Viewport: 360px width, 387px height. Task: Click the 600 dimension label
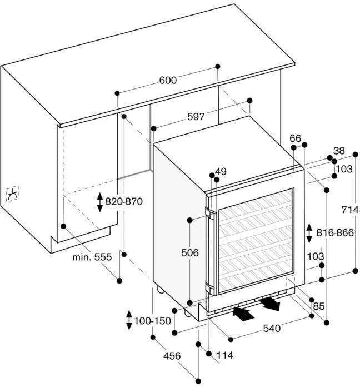tap(167, 81)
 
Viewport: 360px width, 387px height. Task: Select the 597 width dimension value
tap(196, 117)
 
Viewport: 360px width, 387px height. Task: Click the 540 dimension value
tap(271, 328)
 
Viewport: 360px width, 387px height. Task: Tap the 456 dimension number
tap(172, 356)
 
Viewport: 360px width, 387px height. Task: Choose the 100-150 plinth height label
tap(153, 321)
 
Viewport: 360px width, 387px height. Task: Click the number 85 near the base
tap(319, 305)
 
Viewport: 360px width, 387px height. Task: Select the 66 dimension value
tap(295, 138)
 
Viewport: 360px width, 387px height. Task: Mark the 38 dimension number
tap(339, 151)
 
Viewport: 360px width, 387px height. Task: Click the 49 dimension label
tap(221, 172)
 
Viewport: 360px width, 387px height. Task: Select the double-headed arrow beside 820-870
tap(100, 202)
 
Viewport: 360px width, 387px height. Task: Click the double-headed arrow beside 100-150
tap(129, 320)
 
